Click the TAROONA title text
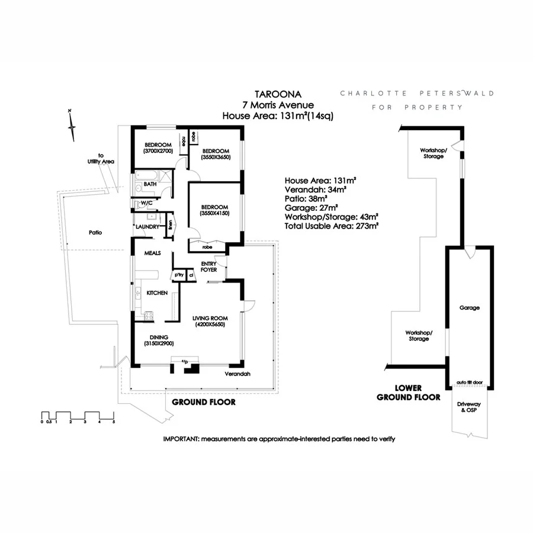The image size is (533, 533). [x=278, y=94]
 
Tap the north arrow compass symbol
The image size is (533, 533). [x=71, y=125]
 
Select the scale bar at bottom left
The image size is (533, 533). [x=78, y=415]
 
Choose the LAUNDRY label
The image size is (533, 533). [x=147, y=227]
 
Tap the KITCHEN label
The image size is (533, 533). [x=157, y=293]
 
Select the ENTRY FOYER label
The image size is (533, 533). [x=209, y=266]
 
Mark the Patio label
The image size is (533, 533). [x=95, y=233]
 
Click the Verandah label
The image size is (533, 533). [x=237, y=374]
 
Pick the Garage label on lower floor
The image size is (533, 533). [x=469, y=307]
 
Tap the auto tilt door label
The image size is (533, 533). [x=469, y=383]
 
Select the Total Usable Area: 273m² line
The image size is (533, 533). [x=332, y=226]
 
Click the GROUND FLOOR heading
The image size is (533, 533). [x=203, y=402]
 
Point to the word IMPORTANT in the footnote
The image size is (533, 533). [x=181, y=439]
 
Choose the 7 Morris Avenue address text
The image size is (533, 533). [x=278, y=105]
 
